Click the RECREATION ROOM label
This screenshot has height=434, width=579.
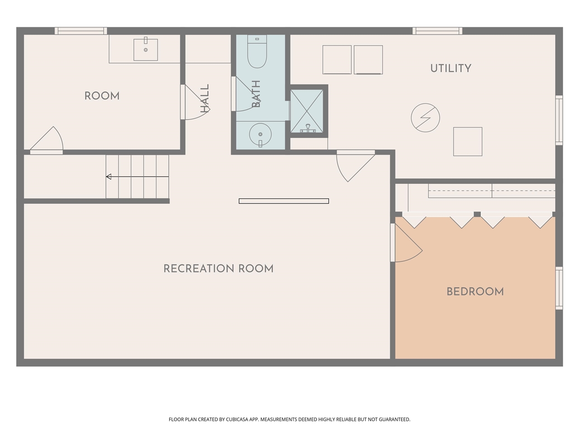click(218, 269)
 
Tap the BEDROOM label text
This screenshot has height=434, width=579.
click(475, 292)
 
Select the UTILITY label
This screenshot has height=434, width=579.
click(451, 68)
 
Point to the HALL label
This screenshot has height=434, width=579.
click(205, 99)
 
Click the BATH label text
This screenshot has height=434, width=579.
click(256, 94)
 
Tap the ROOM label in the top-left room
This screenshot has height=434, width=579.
click(102, 96)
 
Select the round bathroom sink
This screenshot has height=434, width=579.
click(260, 134)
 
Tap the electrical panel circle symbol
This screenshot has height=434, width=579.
click(425, 118)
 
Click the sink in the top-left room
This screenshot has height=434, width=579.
click(146, 49)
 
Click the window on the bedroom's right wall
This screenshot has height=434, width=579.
click(559, 288)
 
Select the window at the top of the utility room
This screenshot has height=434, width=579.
click(437, 31)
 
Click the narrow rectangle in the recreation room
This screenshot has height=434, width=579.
click(284, 201)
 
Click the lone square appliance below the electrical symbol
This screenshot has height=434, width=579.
click(468, 142)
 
